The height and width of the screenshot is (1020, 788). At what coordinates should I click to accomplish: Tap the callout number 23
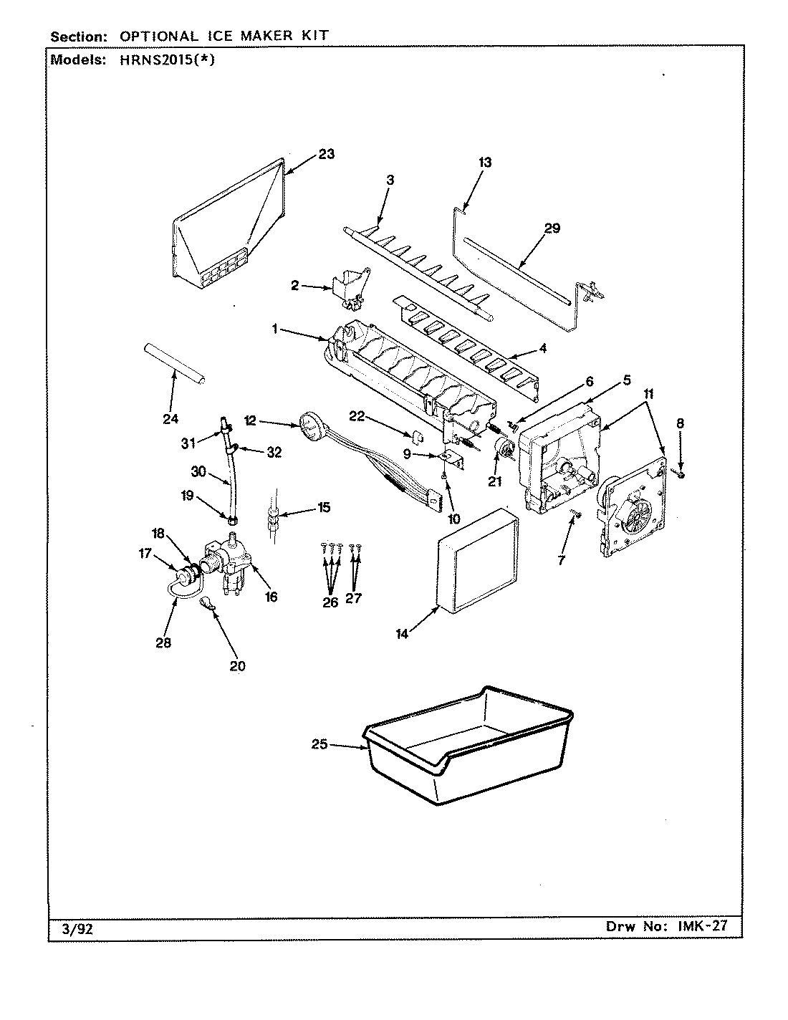pos(326,154)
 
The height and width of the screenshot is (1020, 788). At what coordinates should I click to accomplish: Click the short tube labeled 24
pos(176,365)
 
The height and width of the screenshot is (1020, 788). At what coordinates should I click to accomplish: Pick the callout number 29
pos(552,228)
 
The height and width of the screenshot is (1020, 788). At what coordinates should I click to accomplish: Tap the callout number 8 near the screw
pos(680,423)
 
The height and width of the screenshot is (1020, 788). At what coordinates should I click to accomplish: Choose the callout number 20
pos(237,666)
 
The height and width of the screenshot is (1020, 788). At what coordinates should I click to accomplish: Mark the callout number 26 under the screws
pos(330,602)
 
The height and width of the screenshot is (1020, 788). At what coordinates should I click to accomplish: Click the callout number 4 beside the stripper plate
pos(542,349)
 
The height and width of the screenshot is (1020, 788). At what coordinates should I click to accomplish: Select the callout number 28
pos(163,643)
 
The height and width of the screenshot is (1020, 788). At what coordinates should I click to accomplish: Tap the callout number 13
pos(485,163)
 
